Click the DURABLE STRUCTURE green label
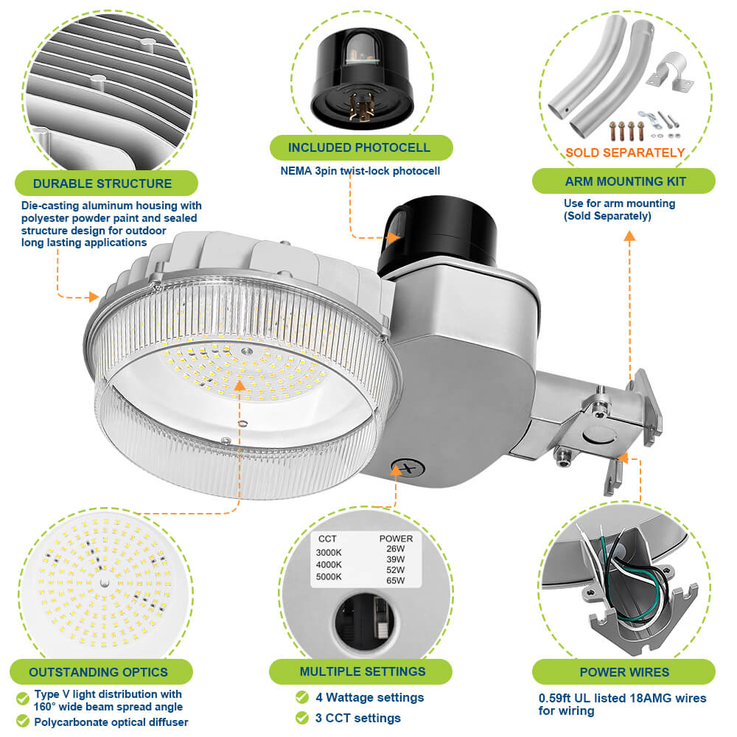pyautogui.click(x=102, y=184)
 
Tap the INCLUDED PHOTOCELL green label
pyautogui.click(x=359, y=147)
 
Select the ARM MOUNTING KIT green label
pyautogui.click(x=625, y=181)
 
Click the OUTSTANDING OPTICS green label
pyautogui.click(x=98, y=672)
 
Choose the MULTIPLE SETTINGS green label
pyautogui.click(x=362, y=671)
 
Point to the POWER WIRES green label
pyautogui.click(x=624, y=672)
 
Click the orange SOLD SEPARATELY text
pyautogui.click(x=625, y=153)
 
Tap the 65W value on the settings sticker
pyautogui.click(x=395, y=581)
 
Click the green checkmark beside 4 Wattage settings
pyautogui.click(x=302, y=697)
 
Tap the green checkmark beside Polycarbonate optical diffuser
pyautogui.click(x=22, y=722)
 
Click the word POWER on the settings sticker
pyautogui.click(x=396, y=539)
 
